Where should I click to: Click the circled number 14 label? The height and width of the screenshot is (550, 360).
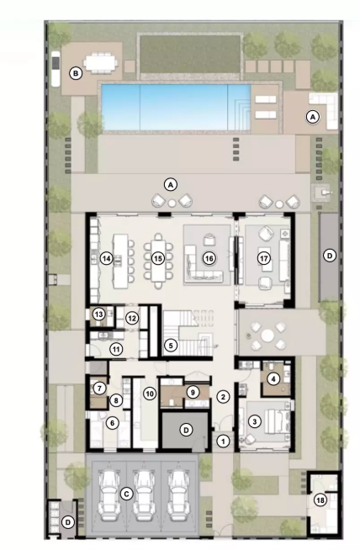pyautogui.click(x=106, y=258)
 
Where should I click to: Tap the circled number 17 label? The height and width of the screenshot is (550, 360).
pyautogui.click(x=264, y=258)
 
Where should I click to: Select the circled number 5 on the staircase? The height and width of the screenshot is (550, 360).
pyautogui.click(x=171, y=346)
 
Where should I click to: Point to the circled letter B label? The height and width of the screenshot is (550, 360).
pyautogui.click(x=76, y=74)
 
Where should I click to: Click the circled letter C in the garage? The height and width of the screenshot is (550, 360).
pyautogui.click(x=126, y=494)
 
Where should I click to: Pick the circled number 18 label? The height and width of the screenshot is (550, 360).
pyautogui.click(x=320, y=500)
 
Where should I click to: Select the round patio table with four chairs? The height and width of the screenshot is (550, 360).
pyautogui.click(x=267, y=336)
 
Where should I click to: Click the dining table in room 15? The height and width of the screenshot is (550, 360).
pyautogui.click(x=158, y=258)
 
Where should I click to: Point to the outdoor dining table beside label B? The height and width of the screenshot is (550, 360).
pyautogui.click(x=102, y=63)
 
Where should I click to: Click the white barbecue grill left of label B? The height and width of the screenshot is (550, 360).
pyautogui.click(x=56, y=69)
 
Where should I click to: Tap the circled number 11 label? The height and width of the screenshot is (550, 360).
pyautogui.click(x=116, y=349)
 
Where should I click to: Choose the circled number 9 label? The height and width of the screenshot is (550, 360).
pyautogui.click(x=193, y=392)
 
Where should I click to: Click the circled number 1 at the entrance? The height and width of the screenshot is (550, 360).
pyautogui.click(x=222, y=441)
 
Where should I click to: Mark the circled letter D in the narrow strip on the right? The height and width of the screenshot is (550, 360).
pyautogui.click(x=329, y=256)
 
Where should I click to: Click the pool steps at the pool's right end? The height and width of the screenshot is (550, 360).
pyautogui.click(x=241, y=107)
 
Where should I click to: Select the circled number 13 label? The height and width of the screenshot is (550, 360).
pyautogui.click(x=99, y=315)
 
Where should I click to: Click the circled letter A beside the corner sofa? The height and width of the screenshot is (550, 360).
pyautogui.click(x=313, y=117)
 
